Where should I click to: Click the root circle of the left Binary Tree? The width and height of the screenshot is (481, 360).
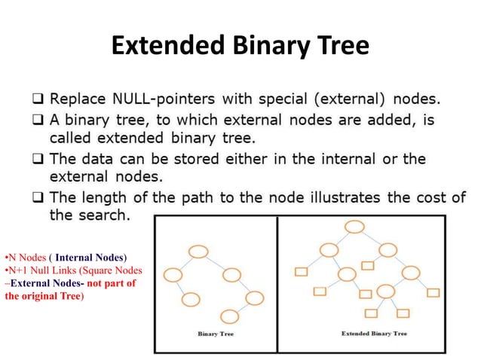[x=199, y=252]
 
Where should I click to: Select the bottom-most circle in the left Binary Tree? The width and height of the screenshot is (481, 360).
[x=228, y=316]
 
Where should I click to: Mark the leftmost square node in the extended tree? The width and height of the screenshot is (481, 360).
[x=302, y=270]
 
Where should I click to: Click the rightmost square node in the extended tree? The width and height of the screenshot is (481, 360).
[x=434, y=291]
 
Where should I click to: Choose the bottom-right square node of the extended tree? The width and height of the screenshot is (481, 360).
[x=403, y=313]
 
